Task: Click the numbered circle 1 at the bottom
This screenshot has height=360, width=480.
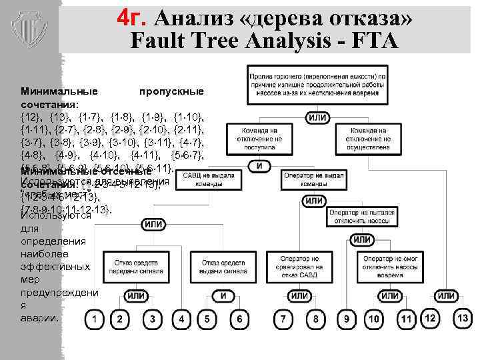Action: pyautogui.click(x=97, y=320)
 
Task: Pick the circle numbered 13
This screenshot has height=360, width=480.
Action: pyautogui.click(x=463, y=319)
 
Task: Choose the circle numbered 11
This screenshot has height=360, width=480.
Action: pyautogui.click(x=406, y=320)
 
